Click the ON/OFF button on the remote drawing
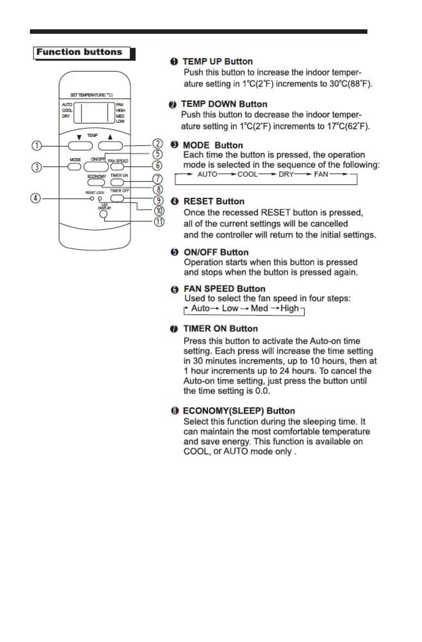(96, 167)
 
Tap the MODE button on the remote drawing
(74, 167)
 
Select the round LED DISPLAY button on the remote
(103, 214)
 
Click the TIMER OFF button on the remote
(117, 198)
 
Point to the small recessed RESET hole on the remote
(92, 199)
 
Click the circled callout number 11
(159, 221)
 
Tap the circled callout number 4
(36, 198)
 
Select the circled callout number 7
(157, 179)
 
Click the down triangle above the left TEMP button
(79, 137)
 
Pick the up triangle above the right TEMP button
(110, 137)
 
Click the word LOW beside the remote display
(120, 121)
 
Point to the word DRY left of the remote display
(66, 116)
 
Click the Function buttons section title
(79, 52)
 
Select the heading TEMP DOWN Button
(224, 104)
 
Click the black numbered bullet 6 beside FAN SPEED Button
(174, 289)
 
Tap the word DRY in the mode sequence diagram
(286, 174)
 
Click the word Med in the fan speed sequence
(259, 308)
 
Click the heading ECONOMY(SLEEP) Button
(239, 411)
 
